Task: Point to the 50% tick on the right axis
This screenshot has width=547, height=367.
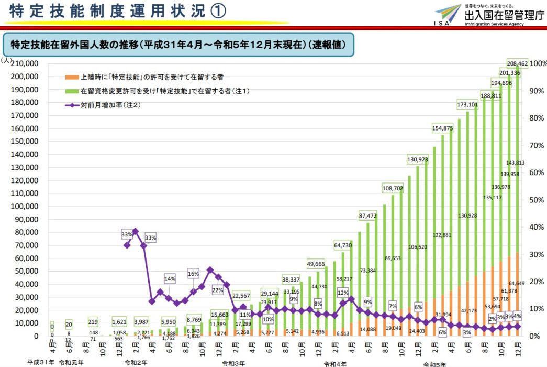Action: tap(537, 200)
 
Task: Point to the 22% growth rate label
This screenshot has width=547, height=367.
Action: tap(217, 290)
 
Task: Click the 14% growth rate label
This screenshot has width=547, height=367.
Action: tap(170, 278)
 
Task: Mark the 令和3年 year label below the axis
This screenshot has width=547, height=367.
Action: tap(232, 363)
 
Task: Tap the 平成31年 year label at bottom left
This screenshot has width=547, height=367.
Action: tap(41, 362)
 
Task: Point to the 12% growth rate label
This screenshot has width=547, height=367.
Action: tap(343, 293)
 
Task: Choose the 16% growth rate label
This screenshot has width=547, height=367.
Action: tap(193, 274)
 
